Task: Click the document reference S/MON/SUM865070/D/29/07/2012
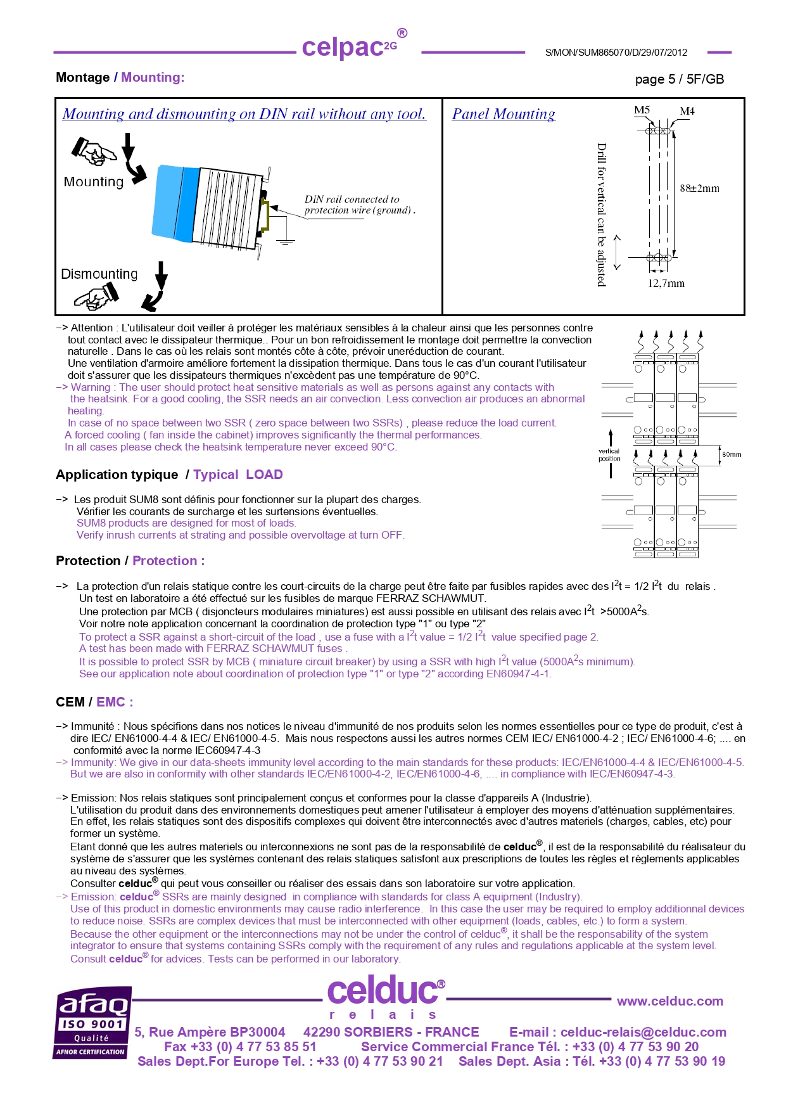[x=616, y=53]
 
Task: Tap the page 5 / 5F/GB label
[x=679, y=79]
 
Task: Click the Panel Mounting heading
[x=503, y=114]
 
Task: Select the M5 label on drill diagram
[x=642, y=110]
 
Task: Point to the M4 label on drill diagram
[x=687, y=111]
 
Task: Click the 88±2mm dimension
[x=699, y=188]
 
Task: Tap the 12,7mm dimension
[x=666, y=283]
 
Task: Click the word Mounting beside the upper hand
[x=94, y=182]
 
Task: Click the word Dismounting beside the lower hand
[x=99, y=274]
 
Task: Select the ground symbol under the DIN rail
[x=286, y=241]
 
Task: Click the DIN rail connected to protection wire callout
[x=358, y=205]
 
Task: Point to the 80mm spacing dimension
[x=732, y=454]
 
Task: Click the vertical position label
[x=609, y=455]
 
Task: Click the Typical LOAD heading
[x=238, y=475]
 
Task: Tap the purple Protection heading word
[x=164, y=561]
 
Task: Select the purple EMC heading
[x=114, y=702]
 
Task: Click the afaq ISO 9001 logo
[x=92, y=1023]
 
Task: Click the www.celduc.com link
[x=669, y=1001]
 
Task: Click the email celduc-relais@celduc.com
[x=643, y=1032]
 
